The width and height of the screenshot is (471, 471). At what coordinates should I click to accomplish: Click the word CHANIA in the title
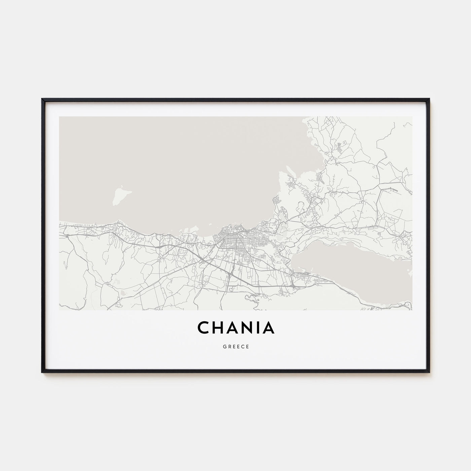coord(235,328)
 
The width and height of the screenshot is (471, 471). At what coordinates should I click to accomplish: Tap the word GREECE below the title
coord(235,347)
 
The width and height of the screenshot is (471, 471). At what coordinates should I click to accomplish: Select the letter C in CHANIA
coord(204,328)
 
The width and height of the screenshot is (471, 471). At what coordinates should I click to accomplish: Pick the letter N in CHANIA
coord(249,328)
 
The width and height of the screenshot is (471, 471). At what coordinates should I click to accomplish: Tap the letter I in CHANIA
coord(259,328)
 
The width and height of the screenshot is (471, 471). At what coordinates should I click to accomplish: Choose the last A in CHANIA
coord(269,328)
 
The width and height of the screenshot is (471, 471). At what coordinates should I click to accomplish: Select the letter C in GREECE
coord(243,347)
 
